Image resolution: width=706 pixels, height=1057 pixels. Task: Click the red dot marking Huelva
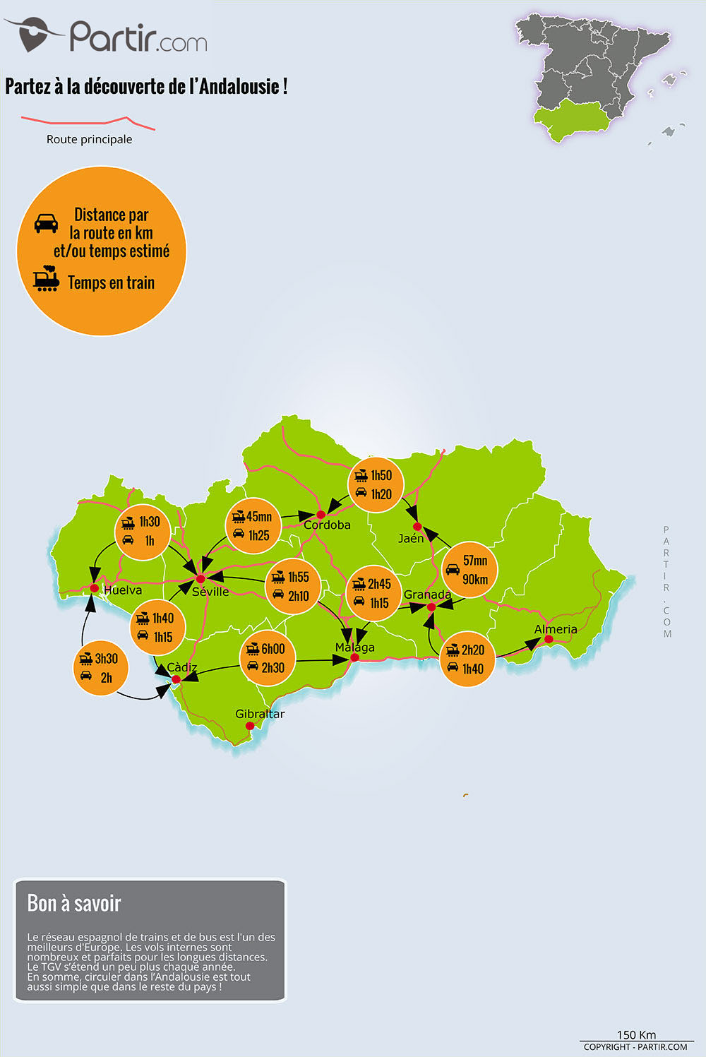tap(94, 587)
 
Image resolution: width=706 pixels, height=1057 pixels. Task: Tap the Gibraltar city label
tap(260, 714)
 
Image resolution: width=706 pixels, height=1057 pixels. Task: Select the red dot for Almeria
tap(549, 639)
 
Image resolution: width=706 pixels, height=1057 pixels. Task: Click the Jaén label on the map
tap(411, 539)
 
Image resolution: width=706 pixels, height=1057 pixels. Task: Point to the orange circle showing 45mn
tap(253, 526)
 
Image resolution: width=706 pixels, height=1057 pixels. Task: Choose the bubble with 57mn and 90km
tap(469, 570)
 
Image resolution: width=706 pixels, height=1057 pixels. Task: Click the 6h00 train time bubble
tap(268, 657)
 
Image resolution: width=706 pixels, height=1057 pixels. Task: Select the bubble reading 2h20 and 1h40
tap(467, 659)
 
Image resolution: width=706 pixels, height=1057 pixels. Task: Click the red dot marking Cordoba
tap(320, 514)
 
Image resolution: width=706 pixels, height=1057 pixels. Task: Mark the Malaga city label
tap(354, 647)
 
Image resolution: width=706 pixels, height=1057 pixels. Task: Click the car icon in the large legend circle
tap(47, 223)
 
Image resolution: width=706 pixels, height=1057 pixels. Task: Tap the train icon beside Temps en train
tap(47, 279)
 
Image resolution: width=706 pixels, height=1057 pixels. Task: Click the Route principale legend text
tap(89, 139)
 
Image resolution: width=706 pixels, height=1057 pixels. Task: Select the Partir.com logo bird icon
tap(32, 34)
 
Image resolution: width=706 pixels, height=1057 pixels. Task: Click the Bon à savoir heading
tap(74, 903)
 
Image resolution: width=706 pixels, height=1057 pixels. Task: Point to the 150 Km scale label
tap(636, 1034)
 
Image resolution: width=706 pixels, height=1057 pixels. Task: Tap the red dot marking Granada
tap(431, 607)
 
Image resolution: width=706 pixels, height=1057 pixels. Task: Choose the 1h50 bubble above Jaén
tap(376, 484)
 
